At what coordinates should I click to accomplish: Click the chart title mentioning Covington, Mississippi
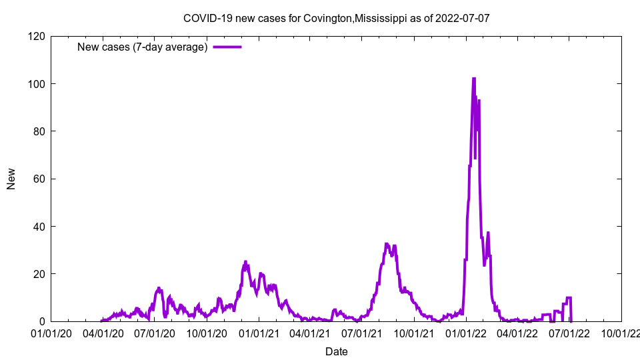click(336, 18)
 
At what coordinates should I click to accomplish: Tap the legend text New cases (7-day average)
click(142, 47)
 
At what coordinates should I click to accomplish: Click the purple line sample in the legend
click(227, 47)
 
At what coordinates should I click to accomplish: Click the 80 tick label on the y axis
click(39, 131)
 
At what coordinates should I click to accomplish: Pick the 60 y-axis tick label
click(39, 179)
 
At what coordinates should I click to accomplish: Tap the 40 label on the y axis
click(39, 227)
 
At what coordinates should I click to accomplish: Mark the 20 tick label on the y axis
click(39, 274)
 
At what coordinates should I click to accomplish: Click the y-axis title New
click(11, 179)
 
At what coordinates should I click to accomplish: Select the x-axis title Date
click(336, 351)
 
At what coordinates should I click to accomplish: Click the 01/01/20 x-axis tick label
click(51, 333)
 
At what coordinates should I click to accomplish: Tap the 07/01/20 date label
click(155, 333)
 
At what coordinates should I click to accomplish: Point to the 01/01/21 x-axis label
click(259, 333)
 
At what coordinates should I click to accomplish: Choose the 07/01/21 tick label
click(362, 333)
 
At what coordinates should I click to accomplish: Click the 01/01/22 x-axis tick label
click(466, 333)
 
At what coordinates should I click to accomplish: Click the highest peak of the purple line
click(474, 79)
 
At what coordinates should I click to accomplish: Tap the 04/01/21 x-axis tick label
click(310, 333)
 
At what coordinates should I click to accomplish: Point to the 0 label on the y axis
click(41, 321)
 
